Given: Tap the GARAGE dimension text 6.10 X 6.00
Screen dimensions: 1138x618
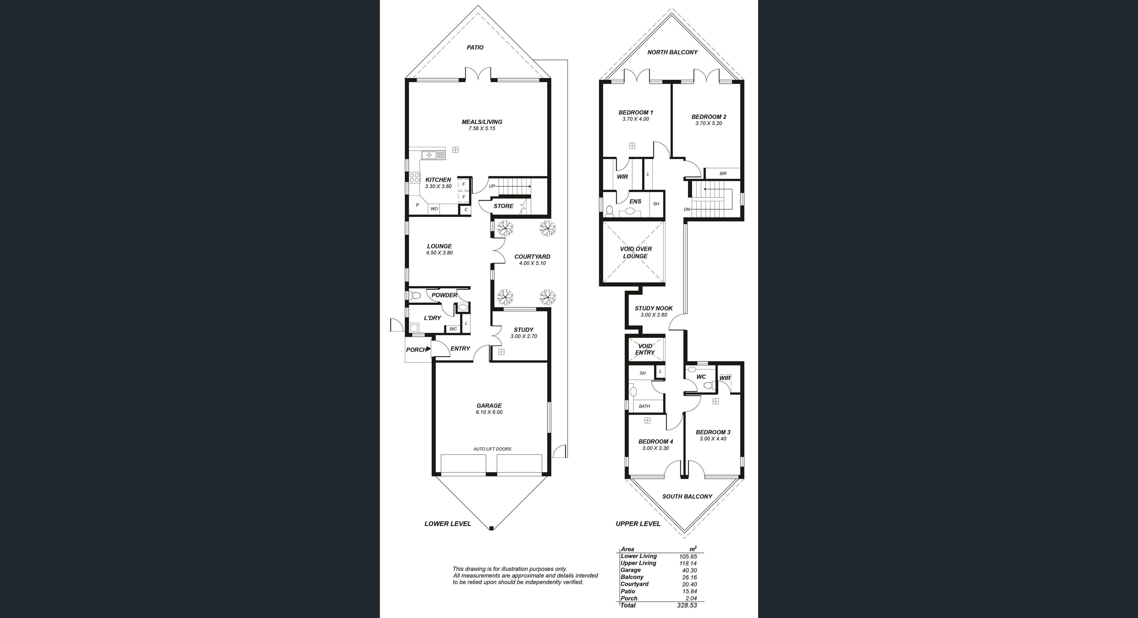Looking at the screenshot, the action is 489,412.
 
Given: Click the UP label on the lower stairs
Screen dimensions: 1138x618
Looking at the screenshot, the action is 492,186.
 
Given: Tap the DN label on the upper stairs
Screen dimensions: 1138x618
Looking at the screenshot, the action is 687,209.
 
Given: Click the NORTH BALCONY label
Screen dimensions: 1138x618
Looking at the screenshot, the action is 672,52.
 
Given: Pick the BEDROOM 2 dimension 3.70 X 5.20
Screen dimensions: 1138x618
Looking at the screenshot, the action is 709,124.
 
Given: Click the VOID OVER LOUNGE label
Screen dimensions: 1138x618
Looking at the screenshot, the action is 636,253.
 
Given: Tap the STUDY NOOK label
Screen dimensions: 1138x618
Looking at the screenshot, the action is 654,308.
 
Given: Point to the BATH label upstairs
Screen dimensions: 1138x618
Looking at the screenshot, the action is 645,406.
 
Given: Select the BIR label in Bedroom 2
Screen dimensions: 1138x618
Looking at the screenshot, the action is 723,174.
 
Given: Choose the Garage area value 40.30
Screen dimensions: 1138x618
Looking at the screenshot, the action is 689,570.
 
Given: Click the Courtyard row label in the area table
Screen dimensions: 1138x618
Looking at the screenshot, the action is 634,584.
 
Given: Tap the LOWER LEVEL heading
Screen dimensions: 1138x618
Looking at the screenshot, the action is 447,524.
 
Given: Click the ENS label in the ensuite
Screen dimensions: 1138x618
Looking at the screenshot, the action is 635,201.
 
